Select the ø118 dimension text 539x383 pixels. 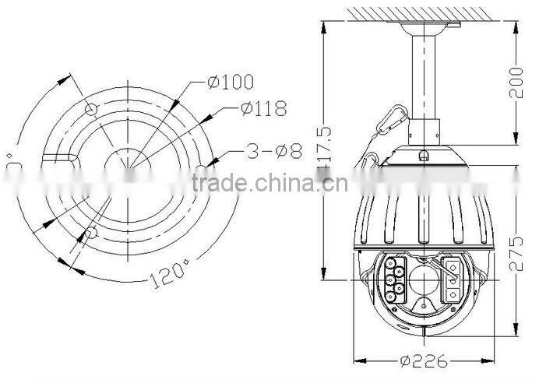262,109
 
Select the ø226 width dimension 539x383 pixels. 425,360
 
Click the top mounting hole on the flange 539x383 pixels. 91,107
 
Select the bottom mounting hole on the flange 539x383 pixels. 91,232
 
